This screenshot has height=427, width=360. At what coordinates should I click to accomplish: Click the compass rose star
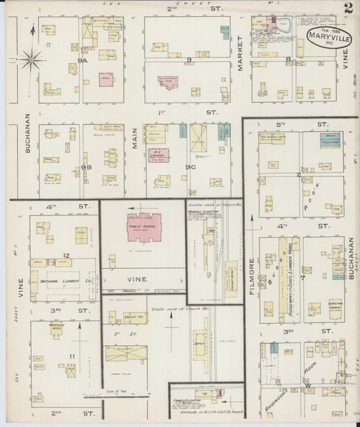point(30,61)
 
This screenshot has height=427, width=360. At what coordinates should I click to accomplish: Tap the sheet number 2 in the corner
point(346,9)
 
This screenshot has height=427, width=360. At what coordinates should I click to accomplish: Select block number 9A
point(82,61)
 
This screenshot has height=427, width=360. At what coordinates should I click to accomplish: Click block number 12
point(66,255)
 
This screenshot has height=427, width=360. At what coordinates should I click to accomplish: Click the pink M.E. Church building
point(161,155)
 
